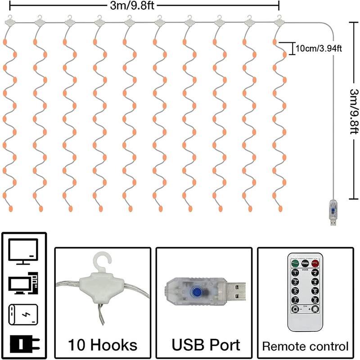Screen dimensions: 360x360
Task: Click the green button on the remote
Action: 295,262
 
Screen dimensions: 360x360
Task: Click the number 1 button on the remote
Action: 295,272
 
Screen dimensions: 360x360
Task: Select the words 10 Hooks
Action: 103,346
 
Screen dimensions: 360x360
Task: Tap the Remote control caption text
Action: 306,346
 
